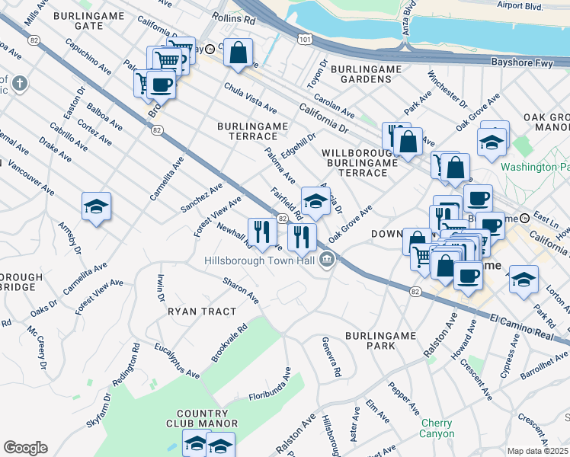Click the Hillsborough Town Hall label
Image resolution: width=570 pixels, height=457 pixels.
tap(259, 260)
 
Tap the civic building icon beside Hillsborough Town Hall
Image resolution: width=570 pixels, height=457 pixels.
tap(328, 260)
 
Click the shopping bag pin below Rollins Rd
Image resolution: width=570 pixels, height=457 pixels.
tap(239, 53)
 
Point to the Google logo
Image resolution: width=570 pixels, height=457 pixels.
tap(25, 448)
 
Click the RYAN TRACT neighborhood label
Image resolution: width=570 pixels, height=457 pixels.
tap(201, 312)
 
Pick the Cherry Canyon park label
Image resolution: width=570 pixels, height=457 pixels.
tap(437, 429)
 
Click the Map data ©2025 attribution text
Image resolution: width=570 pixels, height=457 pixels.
tap(538, 451)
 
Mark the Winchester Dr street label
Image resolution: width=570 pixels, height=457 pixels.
tap(447, 88)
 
